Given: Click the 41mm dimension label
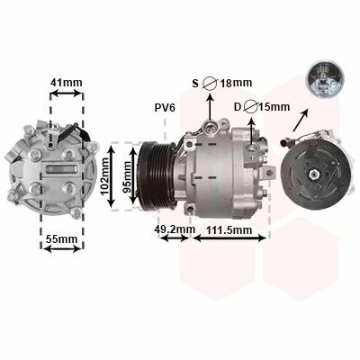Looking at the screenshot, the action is [x=66, y=83].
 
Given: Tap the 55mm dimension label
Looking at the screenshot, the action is [x=61, y=239].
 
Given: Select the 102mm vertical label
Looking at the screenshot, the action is [x=105, y=176].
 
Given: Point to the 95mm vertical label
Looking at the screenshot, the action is [x=127, y=177].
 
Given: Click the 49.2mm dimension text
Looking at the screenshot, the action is [x=175, y=229].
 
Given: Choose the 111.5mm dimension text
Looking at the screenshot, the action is [x=229, y=230].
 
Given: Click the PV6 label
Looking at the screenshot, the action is [x=165, y=108].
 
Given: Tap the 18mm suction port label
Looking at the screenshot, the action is [x=236, y=83].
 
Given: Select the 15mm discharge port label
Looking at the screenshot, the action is [x=274, y=107].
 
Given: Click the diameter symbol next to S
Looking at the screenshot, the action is [x=210, y=83].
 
